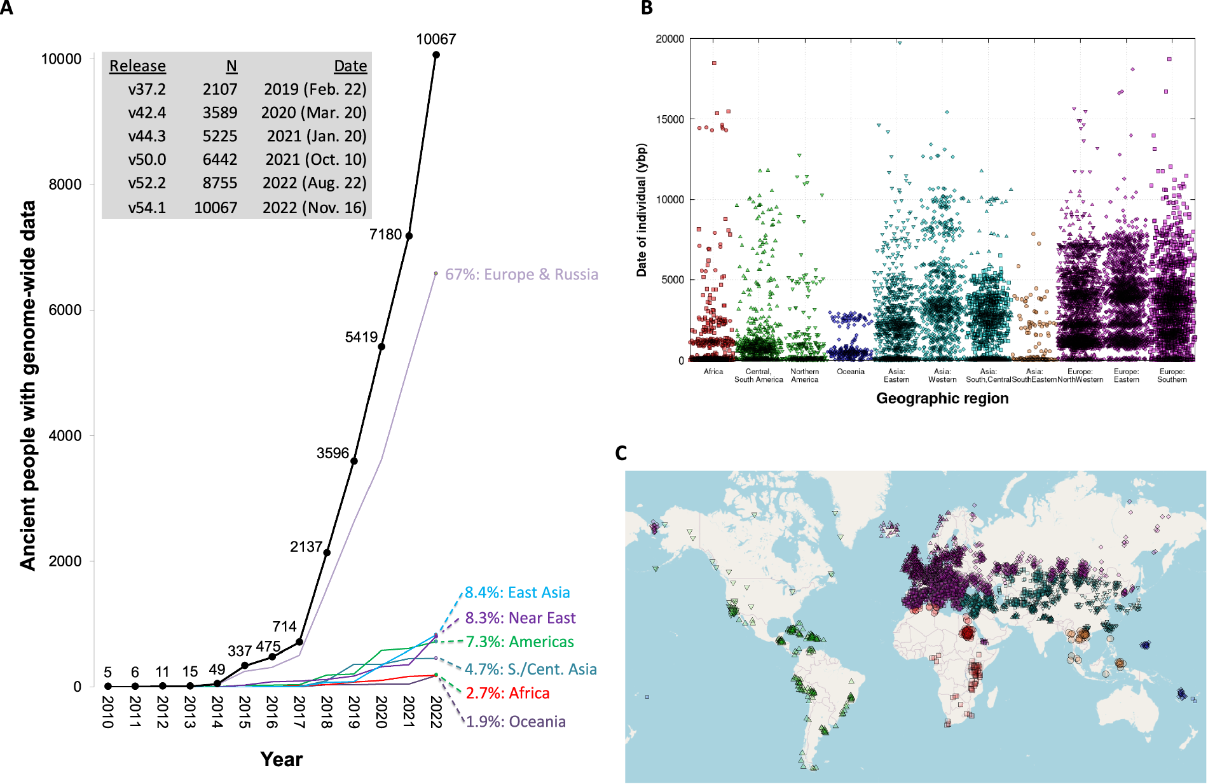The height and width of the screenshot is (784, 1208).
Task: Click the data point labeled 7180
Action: pos(409,236)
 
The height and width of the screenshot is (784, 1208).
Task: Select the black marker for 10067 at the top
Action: pos(436,55)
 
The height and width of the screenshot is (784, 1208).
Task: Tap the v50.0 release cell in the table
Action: pos(147,160)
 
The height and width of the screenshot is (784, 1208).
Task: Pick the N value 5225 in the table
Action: pos(220,136)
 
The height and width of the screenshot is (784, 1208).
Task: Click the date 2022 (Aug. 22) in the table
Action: pos(315,183)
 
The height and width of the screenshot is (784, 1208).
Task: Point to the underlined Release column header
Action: pos(137,66)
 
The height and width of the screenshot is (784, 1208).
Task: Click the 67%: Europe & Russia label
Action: pos(521,274)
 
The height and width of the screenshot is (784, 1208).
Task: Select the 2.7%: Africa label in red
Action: pos(507,693)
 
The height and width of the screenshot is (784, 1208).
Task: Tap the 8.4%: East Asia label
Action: pos(517,592)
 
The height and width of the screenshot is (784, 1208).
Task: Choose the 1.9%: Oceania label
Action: pos(516,722)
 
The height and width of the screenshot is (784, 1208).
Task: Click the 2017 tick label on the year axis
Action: pos(299,712)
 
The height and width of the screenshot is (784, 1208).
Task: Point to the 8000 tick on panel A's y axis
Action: pos(65,185)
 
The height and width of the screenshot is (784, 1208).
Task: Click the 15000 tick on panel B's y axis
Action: pos(670,120)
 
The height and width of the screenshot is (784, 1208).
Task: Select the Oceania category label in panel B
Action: pos(851,372)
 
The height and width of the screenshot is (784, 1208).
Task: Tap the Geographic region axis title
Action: pos(942,398)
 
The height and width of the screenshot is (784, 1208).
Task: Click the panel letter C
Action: pos(621,453)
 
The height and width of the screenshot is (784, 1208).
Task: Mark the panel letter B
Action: pos(647,8)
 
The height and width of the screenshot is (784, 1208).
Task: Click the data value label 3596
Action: pos(333,453)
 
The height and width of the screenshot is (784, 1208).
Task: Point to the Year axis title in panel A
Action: pos(281,759)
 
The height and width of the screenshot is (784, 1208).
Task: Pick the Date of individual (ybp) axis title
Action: pos(642,210)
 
